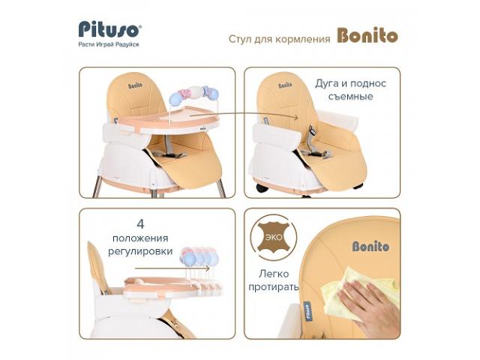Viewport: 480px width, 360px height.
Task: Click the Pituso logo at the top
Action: tap(110, 29)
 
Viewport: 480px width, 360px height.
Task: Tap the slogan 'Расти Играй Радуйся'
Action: tap(109, 44)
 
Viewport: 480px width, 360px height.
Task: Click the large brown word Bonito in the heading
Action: tap(367, 35)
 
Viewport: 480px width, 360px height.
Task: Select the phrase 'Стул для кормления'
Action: tap(280, 39)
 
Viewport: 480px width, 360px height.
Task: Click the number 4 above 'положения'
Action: tap(140, 224)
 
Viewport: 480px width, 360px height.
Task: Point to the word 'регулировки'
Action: tap(140, 252)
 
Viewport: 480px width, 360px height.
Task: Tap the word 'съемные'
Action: tap(351, 97)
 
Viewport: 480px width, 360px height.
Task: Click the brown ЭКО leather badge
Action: tap(273, 237)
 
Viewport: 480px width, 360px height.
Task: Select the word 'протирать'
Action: tap(273, 287)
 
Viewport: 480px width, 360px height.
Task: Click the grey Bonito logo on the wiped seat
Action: tap(370, 246)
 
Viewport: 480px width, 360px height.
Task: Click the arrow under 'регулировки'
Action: tap(172, 268)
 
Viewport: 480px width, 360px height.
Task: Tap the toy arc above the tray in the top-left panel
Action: tap(193, 95)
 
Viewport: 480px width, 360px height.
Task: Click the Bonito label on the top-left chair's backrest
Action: tap(135, 85)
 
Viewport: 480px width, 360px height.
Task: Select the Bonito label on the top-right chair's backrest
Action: tap(285, 85)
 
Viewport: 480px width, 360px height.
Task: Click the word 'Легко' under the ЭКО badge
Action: tap(274, 273)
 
